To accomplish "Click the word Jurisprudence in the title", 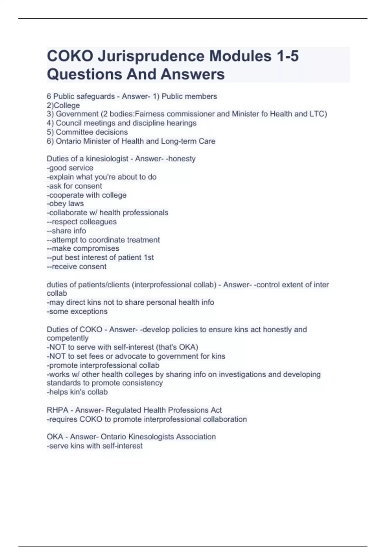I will pos(151,56).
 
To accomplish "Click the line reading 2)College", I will pos(63,105).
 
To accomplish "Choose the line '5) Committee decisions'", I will pos(87,132).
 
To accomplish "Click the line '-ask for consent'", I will pos(74,186).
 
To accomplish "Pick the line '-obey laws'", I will pos(65,204).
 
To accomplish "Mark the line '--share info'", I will pos(66,231).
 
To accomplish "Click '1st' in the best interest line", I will pos(149,257).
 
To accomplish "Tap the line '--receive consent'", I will pos(77,266).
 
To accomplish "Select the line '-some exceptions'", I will pos(77,311).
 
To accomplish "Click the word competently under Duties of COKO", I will pos(68,338).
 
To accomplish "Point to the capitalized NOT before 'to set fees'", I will pos(56,356).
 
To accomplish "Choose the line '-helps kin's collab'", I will pos(77,392).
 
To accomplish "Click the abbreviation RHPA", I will pos(58,410).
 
